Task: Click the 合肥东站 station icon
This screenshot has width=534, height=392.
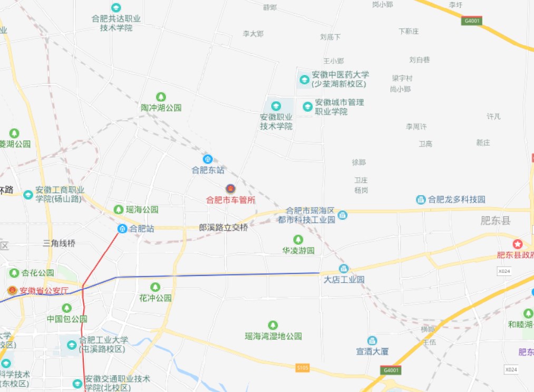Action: (x=208, y=159)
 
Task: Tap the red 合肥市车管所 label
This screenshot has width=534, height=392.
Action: (x=230, y=200)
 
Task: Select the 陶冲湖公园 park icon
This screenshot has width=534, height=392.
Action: (x=161, y=97)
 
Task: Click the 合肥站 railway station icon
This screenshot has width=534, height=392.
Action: (x=122, y=228)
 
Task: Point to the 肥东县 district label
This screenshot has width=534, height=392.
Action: (x=496, y=221)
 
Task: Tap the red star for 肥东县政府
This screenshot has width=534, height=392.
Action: (x=518, y=244)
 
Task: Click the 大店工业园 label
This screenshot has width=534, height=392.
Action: (x=344, y=279)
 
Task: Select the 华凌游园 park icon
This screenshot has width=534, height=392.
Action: (x=298, y=240)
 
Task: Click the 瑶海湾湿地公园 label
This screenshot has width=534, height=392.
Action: (x=273, y=336)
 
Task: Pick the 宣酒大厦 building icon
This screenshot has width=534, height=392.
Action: (x=372, y=341)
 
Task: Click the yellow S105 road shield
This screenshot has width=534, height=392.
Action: (x=302, y=367)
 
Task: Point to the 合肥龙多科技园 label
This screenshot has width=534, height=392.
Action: (x=457, y=199)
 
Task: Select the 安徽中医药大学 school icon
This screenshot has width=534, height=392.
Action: (x=304, y=80)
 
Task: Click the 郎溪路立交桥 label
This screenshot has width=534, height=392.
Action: (x=223, y=227)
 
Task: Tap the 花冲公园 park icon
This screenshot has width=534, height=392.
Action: (x=155, y=287)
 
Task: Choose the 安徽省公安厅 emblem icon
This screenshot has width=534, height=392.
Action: (x=12, y=290)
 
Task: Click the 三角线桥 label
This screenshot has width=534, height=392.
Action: (x=60, y=243)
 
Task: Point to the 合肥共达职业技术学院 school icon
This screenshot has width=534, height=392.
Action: (x=116, y=8)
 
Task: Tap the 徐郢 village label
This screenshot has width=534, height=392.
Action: (x=359, y=162)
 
